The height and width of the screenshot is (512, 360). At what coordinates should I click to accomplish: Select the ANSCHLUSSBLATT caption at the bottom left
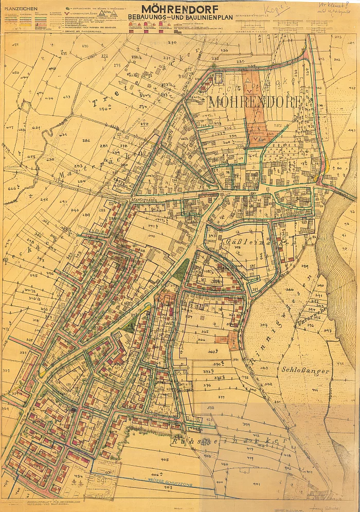[46, 501]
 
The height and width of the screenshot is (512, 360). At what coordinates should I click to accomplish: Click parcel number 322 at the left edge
[6, 370]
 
